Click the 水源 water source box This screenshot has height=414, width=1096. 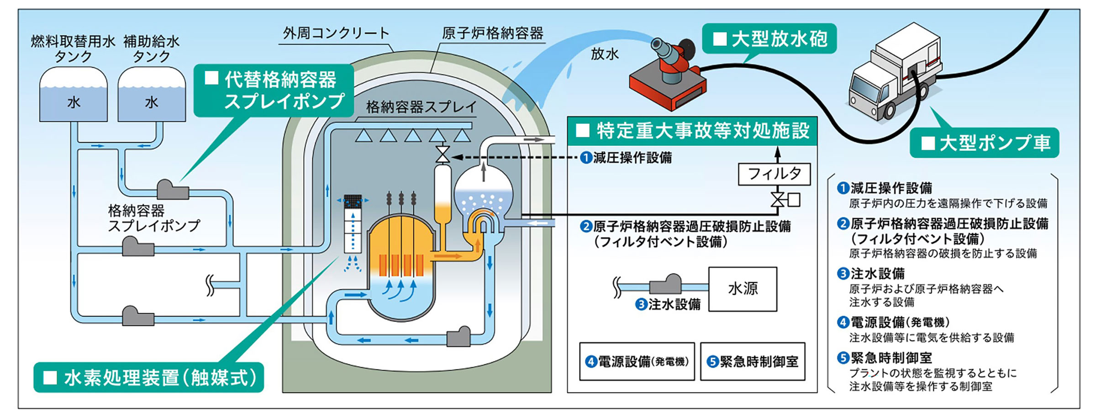pyautogui.click(x=743, y=289)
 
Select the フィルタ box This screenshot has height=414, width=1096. pyautogui.click(x=774, y=174)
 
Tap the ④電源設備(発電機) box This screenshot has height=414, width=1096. pyautogui.click(x=637, y=361)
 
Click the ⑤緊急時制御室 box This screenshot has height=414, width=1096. pyautogui.click(x=753, y=361)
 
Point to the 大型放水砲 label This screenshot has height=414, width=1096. pyautogui.click(x=771, y=39)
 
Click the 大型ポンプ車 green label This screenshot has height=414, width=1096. pyautogui.click(x=985, y=143)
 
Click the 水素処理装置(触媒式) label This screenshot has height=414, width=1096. pyautogui.click(x=149, y=377)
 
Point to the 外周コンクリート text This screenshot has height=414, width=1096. pyautogui.click(x=336, y=33)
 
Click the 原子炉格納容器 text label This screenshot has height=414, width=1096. pyautogui.click(x=492, y=33)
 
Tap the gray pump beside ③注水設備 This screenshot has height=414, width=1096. pyautogui.click(x=665, y=285)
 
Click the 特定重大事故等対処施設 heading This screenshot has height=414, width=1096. pyautogui.click(x=692, y=131)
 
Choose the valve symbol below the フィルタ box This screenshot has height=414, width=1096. pyautogui.click(x=777, y=200)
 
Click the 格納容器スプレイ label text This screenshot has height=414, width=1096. pyautogui.click(x=421, y=107)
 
